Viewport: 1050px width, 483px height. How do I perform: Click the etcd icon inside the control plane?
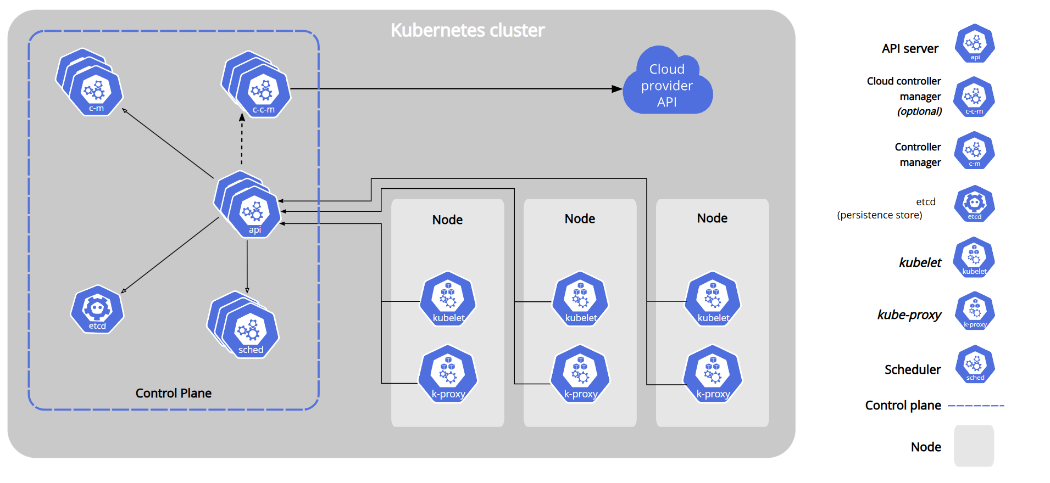click(x=97, y=310)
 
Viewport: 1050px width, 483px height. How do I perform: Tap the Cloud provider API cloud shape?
click(x=668, y=81)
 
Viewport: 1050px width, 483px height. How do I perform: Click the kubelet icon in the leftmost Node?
click(x=448, y=299)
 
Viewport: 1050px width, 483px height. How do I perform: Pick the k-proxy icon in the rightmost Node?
click(x=713, y=374)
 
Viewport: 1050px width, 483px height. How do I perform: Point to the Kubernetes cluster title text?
click(x=468, y=30)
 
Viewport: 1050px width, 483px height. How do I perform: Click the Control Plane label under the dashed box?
click(x=174, y=393)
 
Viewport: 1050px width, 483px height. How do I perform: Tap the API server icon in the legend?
click(x=975, y=43)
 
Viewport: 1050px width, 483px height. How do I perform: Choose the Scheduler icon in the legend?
click(x=975, y=364)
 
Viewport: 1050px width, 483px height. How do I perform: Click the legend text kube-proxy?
click(x=909, y=314)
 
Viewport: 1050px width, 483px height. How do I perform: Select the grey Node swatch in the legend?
click(x=974, y=446)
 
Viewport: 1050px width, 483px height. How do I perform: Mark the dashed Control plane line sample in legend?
click(x=976, y=406)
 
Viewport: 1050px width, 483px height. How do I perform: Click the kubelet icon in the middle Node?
click(x=580, y=299)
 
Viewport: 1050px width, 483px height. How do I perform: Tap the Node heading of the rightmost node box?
click(x=712, y=218)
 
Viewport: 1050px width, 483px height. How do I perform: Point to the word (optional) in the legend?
click(x=919, y=111)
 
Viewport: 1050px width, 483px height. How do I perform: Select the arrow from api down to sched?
click(x=247, y=267)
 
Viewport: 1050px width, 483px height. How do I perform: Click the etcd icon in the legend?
click(x=975, y=204)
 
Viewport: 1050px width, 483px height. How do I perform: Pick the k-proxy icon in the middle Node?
click(x=580, y=374)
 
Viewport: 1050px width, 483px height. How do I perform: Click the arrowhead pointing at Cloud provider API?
click(x=617, y=88)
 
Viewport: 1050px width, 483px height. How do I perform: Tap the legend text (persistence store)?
click(x=880, y=215)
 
